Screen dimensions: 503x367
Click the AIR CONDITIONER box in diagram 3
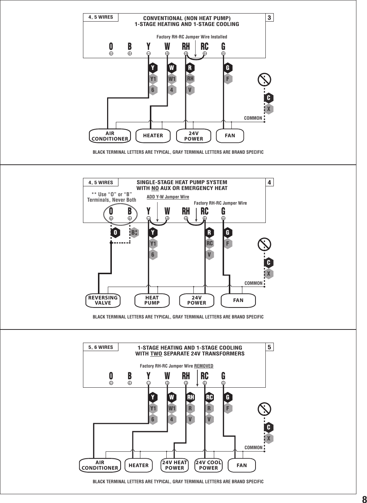[110, 136]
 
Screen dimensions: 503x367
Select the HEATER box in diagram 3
[153, 135]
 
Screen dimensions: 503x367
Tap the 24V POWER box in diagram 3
[193, 136]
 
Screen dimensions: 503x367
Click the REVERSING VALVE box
[103, 300]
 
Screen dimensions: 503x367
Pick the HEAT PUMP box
[152, 300]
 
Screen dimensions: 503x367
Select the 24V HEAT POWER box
[175, 465]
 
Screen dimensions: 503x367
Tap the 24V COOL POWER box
[209, 465]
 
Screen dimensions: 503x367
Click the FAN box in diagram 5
[242, 465]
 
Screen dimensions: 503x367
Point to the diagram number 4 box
[269, 182]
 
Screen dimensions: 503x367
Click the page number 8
[364, 499]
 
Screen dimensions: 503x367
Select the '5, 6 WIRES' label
[101, 347]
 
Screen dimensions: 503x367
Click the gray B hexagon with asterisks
[135, 232]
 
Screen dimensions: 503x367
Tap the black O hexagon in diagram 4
[115, 232]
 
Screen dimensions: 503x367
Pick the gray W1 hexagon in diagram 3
[172, 79]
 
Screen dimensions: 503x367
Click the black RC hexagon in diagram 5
[209, 397]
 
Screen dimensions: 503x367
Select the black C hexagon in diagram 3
[269, 98]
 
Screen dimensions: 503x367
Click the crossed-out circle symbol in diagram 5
[264, 409]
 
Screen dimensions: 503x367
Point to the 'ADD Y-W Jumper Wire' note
[168, 197]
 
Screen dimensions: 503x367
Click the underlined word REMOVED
[204, 366]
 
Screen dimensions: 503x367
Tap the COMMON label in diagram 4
[253, 283]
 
